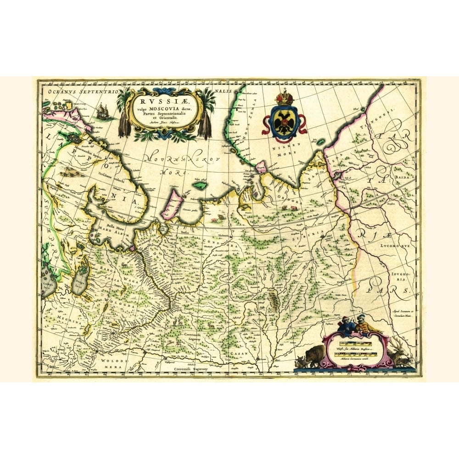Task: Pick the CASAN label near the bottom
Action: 240,353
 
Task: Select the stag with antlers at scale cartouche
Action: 399,351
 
